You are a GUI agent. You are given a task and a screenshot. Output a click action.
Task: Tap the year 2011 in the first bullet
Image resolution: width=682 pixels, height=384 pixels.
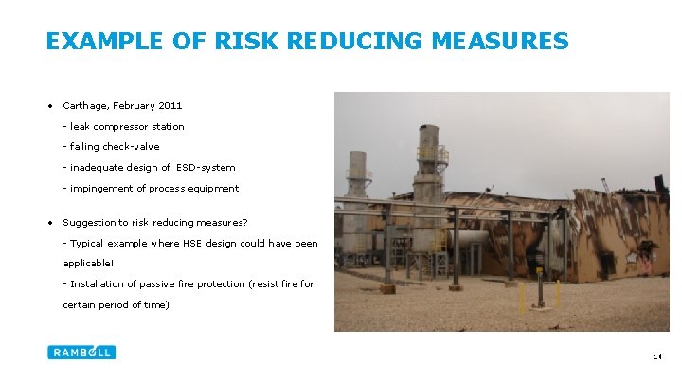coord(170,105)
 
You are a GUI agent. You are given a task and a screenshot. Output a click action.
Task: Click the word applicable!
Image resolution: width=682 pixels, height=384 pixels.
coord(88,263)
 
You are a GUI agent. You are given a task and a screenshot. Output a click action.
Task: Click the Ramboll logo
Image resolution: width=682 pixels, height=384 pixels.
coord(81,352)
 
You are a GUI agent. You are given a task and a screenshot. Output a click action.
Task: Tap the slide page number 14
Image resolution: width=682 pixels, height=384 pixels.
coord(656,357)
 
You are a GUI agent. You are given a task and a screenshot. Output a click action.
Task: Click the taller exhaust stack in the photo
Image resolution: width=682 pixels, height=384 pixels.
coord(428,180)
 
